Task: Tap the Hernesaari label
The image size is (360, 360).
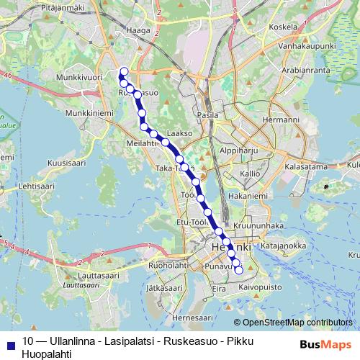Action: point(194,317)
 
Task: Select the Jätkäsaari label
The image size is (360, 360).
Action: point(161,287)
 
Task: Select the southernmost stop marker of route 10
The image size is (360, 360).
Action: point(239,270)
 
